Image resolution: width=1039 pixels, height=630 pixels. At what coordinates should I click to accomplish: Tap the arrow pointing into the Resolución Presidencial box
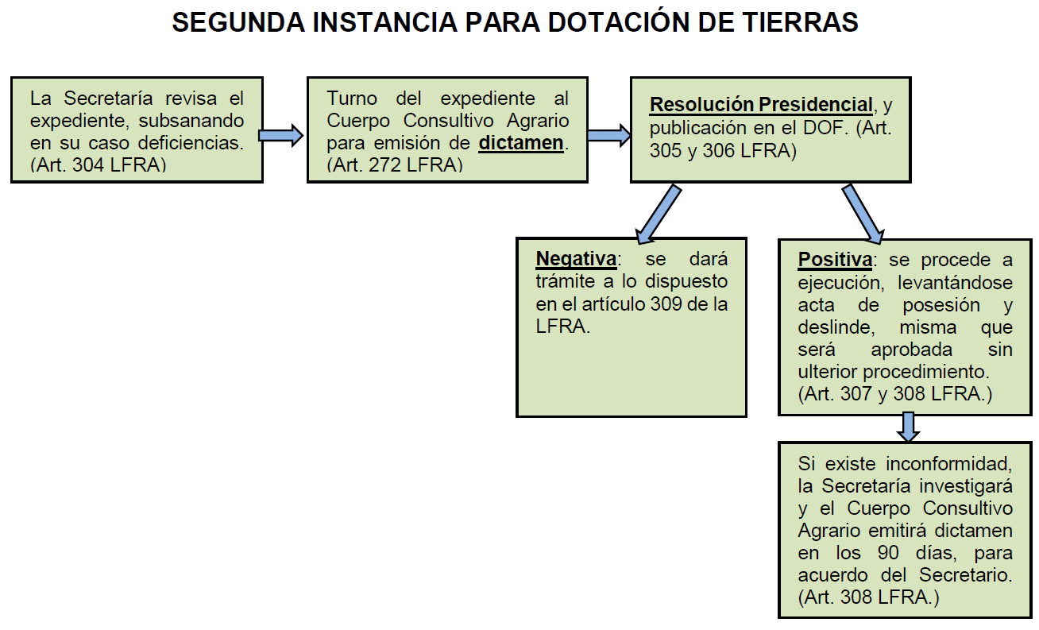pyautogui.click(x=608, y=135)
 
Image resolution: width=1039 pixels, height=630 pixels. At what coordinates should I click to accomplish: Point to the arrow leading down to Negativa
pyautogui.click(x=659, y=213)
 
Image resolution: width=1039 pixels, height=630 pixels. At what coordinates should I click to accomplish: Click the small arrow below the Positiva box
pyautogui.click(x=908, y=427)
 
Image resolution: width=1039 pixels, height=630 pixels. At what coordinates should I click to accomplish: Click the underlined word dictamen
pyautogui.click(x=521, y=144)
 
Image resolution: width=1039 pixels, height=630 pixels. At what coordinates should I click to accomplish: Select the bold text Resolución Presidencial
pyautogui.click(x=761, y=105)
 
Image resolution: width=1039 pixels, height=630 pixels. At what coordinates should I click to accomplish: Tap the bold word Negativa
pyautogui.click(x=576, y=259)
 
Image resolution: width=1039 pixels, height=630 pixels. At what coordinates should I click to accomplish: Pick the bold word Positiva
pyautogui.click(x=835, y=260)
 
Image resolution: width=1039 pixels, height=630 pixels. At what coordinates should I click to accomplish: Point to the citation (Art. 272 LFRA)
pyautogui.click(x=395, y=165)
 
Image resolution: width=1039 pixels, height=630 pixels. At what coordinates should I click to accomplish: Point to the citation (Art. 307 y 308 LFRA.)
pyautogui.click(x=895, y=393)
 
